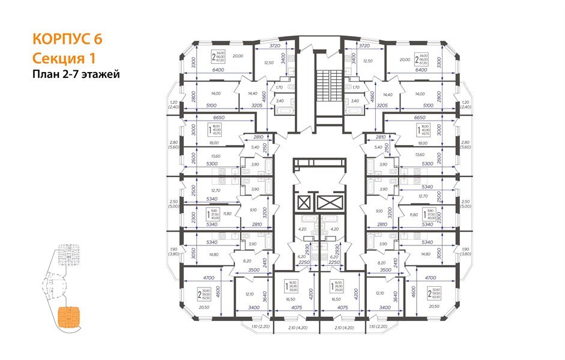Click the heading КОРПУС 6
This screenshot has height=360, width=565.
coord(67,40)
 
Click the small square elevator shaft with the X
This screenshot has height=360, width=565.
coord(303,202)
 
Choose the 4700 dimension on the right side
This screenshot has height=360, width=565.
coord(429,278)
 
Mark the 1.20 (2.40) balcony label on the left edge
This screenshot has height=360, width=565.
coord(173,105)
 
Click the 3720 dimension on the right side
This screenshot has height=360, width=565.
coord(363,46)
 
